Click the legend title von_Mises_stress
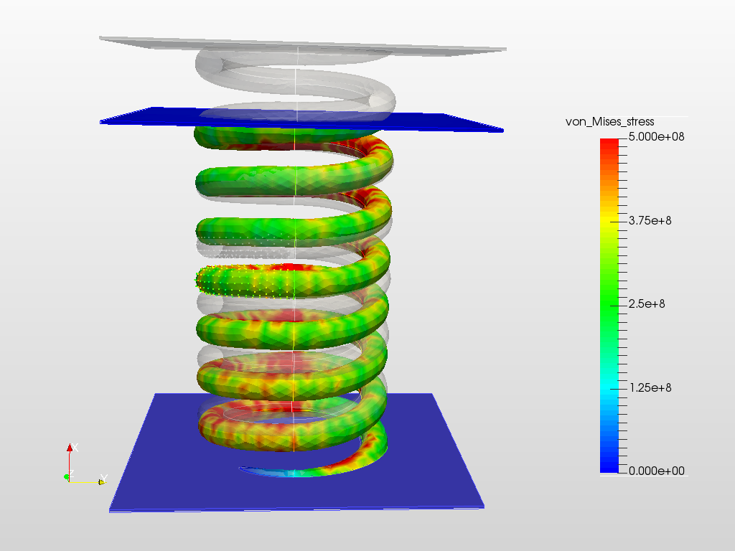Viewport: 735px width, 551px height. tap(609, 122)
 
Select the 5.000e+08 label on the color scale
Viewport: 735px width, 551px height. tap(655, 137)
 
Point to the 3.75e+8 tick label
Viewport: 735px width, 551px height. tap(650, 221)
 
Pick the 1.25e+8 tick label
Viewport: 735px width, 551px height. tap(650, 388)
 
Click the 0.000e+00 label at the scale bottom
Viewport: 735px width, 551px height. tap(655, 471)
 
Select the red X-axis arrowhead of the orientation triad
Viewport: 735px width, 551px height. tap(70, 448)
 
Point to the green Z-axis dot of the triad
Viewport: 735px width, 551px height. tap(66, 476)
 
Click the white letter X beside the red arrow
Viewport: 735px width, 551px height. tap(75, 447)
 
